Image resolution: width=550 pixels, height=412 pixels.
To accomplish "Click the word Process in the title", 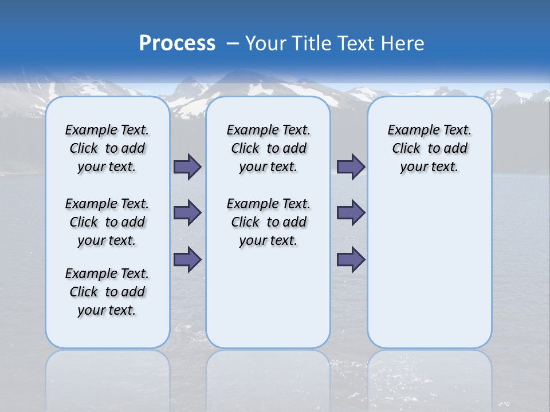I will (177, 43).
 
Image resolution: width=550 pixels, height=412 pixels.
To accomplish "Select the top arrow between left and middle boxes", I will (187, 167).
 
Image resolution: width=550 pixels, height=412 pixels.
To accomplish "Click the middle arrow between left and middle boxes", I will (187, 213).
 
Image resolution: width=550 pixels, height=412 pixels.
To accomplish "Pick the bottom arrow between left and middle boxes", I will (187, 260).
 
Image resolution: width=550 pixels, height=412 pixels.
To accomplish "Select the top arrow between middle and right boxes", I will (351, 167).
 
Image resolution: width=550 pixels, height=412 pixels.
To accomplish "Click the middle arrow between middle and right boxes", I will (351, 213).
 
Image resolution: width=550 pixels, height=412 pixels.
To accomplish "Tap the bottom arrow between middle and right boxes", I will (351, 260).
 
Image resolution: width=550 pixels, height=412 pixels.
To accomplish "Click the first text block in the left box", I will (107, 148).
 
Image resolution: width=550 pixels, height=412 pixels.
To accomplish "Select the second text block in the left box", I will (107, 222).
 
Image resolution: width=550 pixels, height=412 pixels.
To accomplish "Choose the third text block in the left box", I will (107, 292).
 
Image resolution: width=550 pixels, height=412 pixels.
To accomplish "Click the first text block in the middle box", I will (268, 148).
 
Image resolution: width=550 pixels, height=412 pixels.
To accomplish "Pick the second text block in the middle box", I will (268, 222).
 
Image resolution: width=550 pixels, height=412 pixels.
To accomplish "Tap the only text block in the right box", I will (430, 148).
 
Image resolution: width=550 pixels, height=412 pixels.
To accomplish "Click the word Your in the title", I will (266, 43).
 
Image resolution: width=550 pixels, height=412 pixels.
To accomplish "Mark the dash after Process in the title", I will (232, 43).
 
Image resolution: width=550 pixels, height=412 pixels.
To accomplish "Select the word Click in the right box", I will (406, 149).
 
